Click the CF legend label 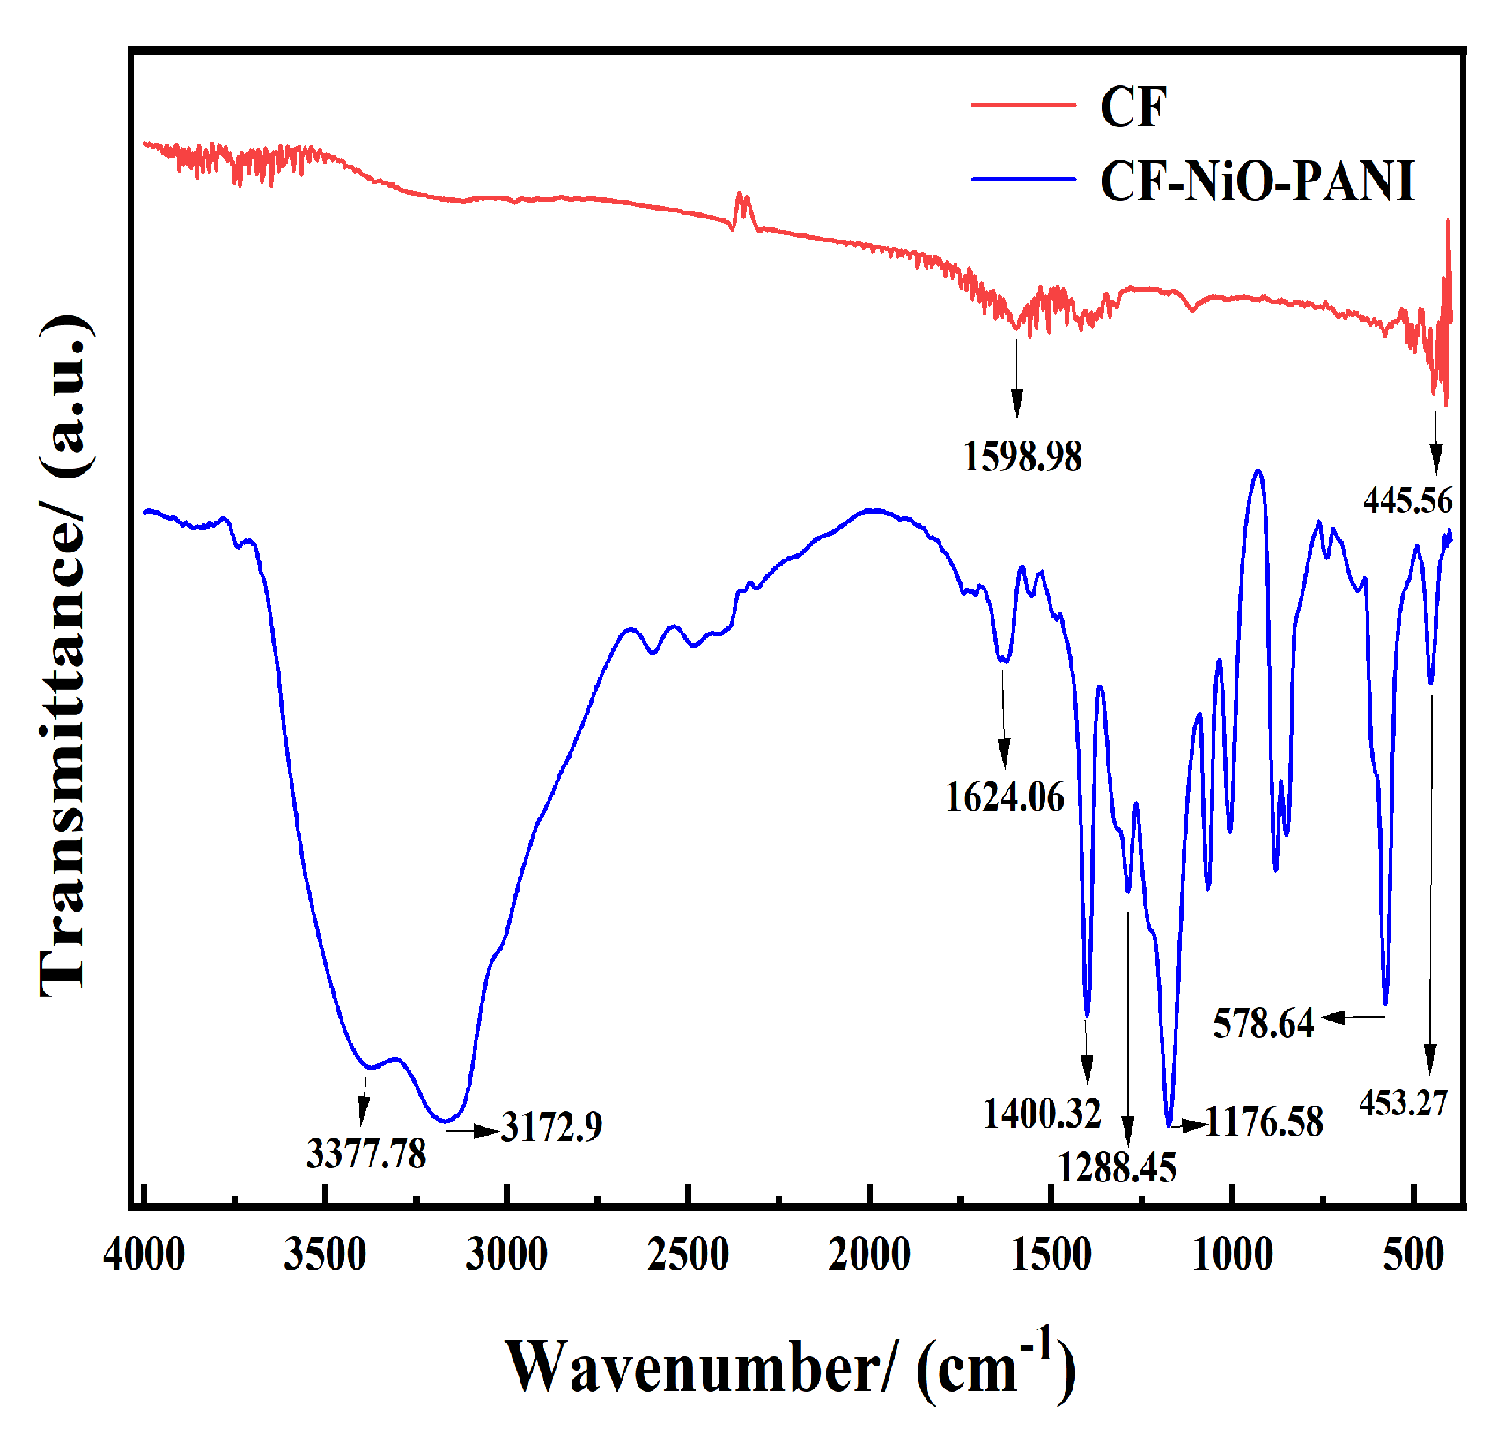pyautogui.click(x=1132, y=107)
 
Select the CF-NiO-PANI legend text pyautogui.click(x=1257, y=181)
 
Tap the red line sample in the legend pyautogui.click(x=1023, y=105)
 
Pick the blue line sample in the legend pyautogui.click(x=1023, y=180)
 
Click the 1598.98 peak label pyautogui.click(x=1022, y=457)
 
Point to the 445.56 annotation pyautogui.click(x=1407, y=500)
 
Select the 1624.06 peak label pyautogui.click(x=1005, y=797)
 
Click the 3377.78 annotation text pyautogui.click(x=366, y=1154)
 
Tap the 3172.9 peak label pyautogui.click(x=551, y=1127)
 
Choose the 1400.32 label pyautogui.click(x=1042, y=1114)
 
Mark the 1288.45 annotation pyautogui.click(x=1116, y=1169)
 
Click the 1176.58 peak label pyautogui.click(x=1264, y=1122)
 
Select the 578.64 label pyautogui.click(x=1263, y=1024)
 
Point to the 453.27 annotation pyautogui.click(x=1403, y=1103)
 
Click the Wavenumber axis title pyautogui.click(x=790, y=1367)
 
